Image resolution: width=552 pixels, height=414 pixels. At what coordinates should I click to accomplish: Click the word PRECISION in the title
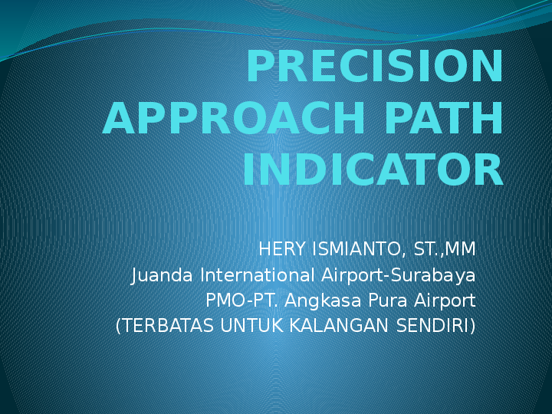374,67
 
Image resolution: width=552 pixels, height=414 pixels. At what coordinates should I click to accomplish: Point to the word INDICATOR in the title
373,171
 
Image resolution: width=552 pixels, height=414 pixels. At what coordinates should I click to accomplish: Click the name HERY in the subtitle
284,250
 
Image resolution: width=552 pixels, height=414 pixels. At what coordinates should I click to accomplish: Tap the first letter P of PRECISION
261,67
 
